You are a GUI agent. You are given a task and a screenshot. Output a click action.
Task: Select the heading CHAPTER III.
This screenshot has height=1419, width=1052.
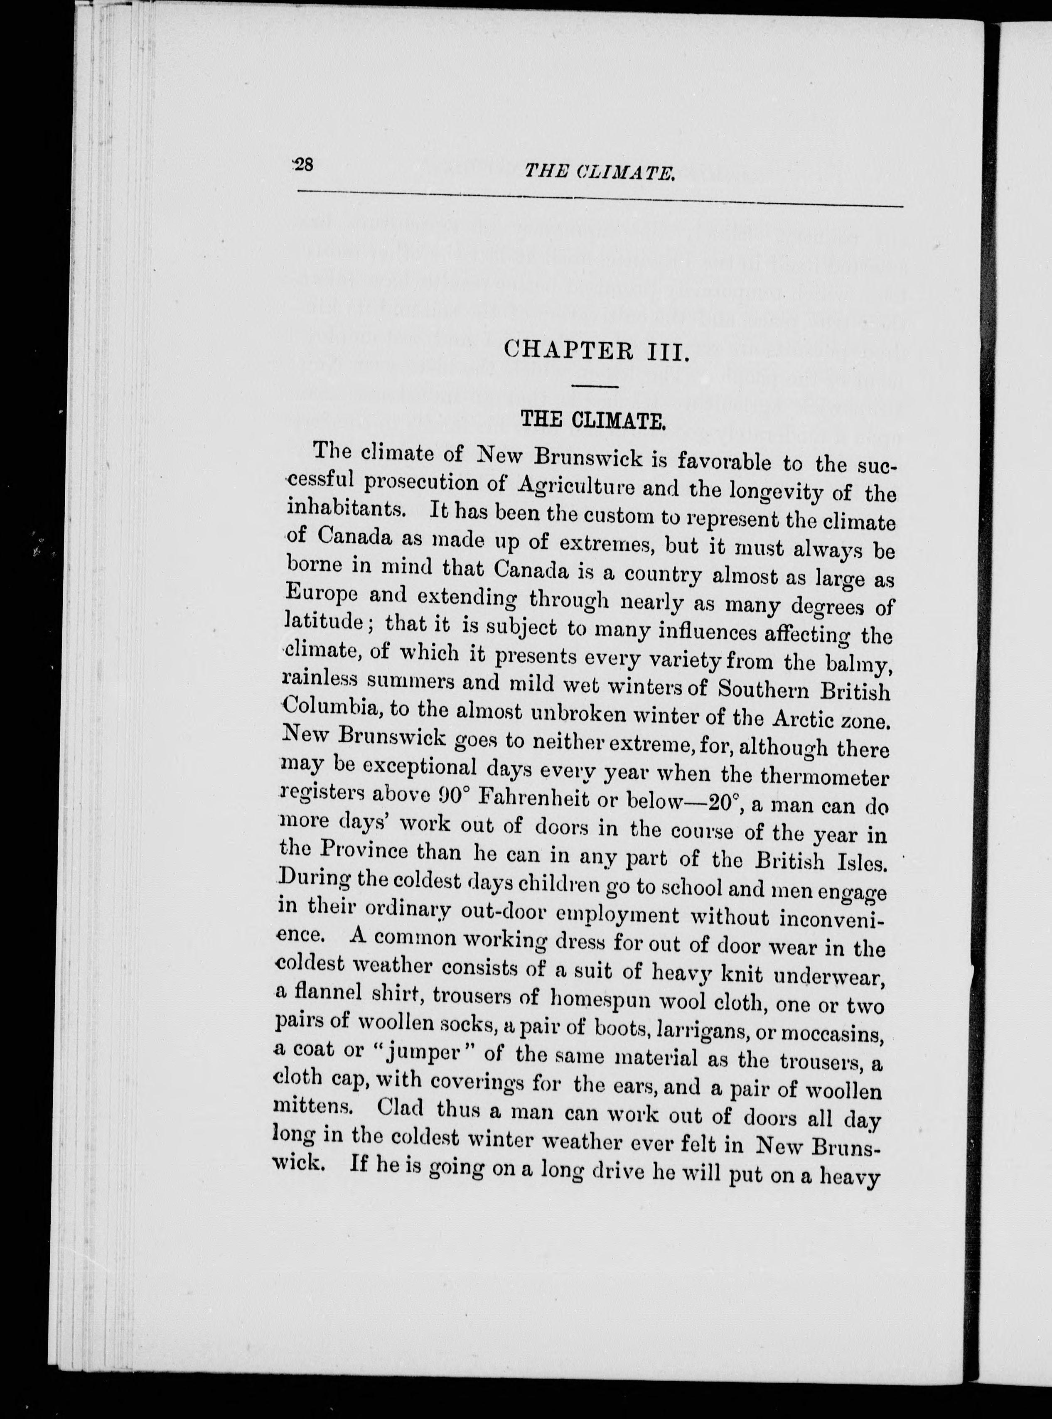click(x=596, y=350)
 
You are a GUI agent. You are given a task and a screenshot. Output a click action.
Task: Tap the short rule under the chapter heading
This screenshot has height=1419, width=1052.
click(x=595, y=386)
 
